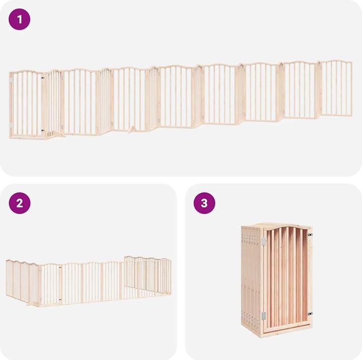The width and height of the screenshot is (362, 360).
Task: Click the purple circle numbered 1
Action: point(20,19)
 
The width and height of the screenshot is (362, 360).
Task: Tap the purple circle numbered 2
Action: point(20,203)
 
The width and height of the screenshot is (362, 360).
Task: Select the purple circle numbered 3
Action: point(204,203)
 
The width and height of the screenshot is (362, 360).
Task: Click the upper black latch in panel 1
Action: point(42,78)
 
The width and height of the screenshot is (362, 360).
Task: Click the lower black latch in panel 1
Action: point(42,130)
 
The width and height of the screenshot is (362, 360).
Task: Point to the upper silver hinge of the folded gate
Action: point(263,241)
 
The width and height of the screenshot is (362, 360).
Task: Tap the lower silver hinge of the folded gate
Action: point(263,316)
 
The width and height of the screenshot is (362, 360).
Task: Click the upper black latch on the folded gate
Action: point(310,235)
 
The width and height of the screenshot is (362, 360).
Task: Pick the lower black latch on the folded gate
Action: point(310,314)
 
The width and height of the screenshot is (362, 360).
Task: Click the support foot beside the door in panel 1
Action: point(55,134)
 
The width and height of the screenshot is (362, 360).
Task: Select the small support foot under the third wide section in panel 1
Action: point(133,130)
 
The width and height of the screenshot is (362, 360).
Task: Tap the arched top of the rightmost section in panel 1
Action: point(336,61)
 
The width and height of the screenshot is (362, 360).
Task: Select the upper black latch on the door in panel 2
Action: point(60,267)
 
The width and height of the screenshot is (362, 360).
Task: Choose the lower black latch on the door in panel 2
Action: point(60,300)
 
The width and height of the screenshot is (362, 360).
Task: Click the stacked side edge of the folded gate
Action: point(251,277)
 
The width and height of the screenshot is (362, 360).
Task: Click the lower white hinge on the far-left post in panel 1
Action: point(11,125)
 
